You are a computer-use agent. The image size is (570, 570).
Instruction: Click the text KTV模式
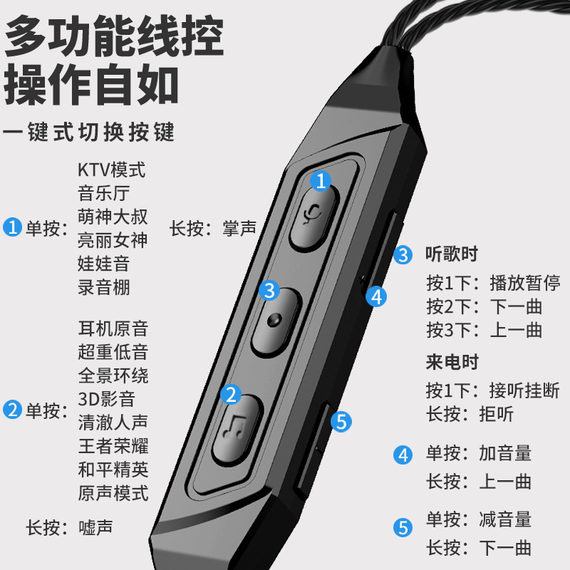(111, 170)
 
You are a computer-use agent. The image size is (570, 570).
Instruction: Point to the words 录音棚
(104, 286)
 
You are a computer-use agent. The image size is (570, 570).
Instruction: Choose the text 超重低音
(113, 351)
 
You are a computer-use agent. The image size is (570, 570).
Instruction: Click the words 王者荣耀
(113, 445)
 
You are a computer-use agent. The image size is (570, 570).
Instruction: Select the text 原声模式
(113, 492)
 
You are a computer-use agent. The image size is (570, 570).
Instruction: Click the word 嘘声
(95, 528)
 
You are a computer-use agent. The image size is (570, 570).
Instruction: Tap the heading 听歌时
(451, 254)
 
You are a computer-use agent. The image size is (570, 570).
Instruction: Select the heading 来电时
(451, 362)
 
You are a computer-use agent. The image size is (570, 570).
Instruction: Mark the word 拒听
(506, 414)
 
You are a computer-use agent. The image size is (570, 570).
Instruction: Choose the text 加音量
(505, 453)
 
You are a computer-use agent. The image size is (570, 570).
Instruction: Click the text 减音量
(505, 519)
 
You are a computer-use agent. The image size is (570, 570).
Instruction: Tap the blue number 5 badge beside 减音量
(404, 527)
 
